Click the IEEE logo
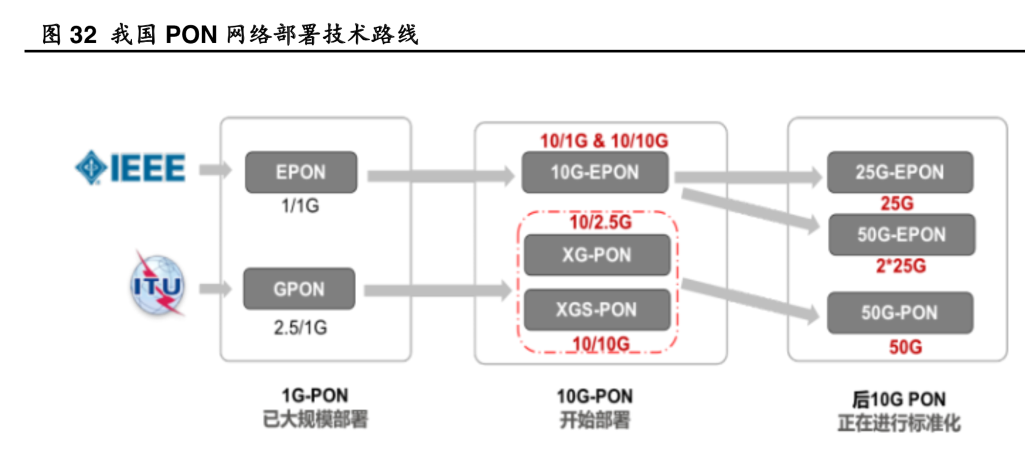(x=130, y=168)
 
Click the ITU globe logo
(x=157, y=285)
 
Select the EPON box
(x=301, y=172)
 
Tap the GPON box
(x=299, y=289)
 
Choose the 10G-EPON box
(x=594, y=172)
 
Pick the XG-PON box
(x=597, y=255)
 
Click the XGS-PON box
(x=597, y=310)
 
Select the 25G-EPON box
(x=899, y=172)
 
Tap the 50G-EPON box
(x=901, y=235)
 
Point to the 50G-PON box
(x=899, y=313)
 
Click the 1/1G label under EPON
(x=300, y=206)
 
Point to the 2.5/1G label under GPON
(x=300, y=328)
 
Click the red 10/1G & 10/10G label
(x=604, y=141)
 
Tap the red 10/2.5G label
(x=600, y=222)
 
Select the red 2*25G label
(x=900, y=266)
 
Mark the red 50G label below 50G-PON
(x=905, y=347)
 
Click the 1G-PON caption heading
(x=315, y=396)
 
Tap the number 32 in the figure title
(x=83, y=35)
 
